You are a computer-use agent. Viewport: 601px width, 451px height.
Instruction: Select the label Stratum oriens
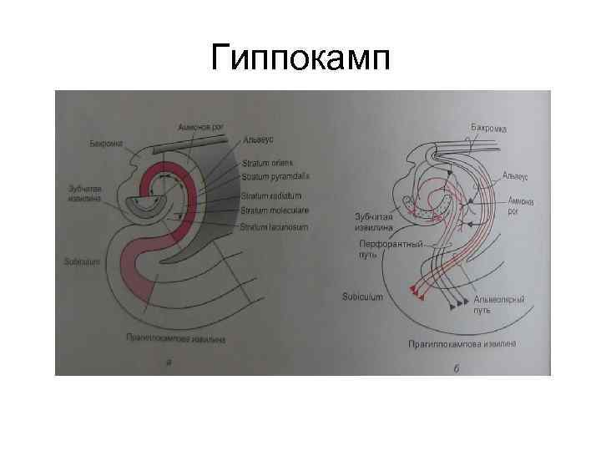(264, 163)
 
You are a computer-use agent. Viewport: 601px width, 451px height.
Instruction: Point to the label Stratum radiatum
(269, 195)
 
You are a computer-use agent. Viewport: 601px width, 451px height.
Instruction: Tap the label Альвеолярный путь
(499, 304)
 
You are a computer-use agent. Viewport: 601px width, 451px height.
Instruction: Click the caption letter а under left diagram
(169, 362)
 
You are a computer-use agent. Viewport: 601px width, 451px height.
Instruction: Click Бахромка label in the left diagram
(107, 144)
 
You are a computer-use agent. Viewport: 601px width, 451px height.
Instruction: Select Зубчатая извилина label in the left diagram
(85, 195)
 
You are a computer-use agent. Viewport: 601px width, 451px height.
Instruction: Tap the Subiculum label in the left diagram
(82, 261)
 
